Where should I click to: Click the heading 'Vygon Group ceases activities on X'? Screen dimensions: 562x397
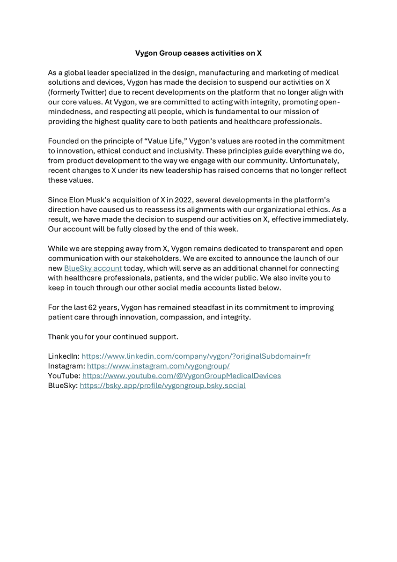pos(198,53)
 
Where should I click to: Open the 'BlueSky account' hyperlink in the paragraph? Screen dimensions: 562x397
pos(93,268)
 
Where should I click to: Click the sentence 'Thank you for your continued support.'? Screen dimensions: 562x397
pos(113,337)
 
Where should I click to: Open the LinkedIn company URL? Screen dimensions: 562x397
pos(196,356)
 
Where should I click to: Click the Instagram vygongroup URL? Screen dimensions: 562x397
pos(158,366)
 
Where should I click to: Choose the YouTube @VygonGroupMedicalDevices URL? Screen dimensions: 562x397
pos(181,376)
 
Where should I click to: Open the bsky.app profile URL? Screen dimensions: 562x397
pos(162,386)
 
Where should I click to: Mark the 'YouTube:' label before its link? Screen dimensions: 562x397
pos(64,376)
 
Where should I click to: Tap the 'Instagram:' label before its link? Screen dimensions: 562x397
pos(66,366)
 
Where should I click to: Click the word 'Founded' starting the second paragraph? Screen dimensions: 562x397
pos(64,141)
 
